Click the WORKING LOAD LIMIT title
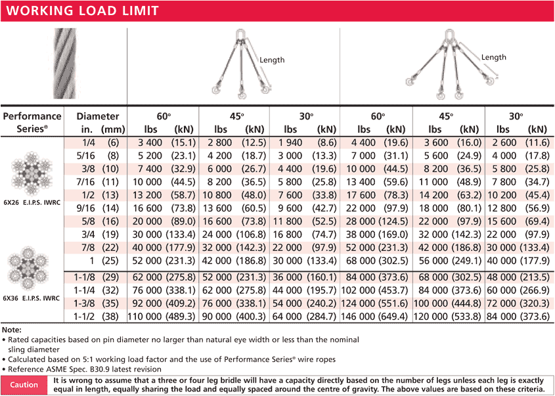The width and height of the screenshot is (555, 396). [82, 10]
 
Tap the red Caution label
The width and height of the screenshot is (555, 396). [24, 385]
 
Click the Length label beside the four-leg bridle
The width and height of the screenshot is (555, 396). [494, 58]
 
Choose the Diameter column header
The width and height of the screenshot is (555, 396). [98, 116]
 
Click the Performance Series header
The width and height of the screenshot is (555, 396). [32, 122]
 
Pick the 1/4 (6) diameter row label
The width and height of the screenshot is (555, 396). [98, 143]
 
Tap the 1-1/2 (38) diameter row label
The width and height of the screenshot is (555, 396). [98, 317]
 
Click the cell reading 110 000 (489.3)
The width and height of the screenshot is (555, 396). [163, 317]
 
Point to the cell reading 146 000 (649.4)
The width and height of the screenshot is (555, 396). [376, 317]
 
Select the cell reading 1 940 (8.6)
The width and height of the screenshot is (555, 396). [305, 143]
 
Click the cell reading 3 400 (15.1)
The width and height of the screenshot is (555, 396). [163, 143]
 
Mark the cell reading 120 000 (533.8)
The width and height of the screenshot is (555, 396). [448, 317]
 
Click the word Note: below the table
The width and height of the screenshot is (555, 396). [12, 329]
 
